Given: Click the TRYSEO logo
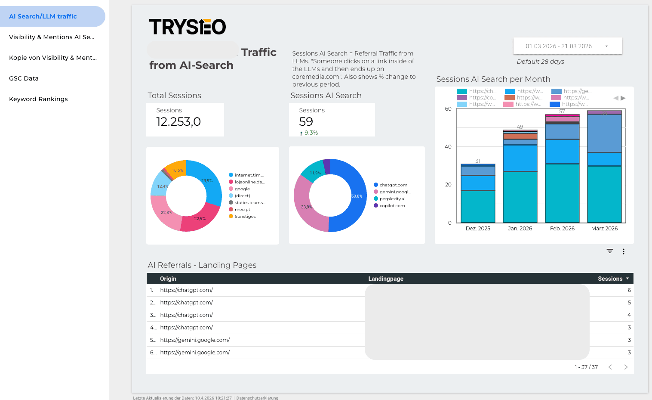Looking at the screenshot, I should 187,27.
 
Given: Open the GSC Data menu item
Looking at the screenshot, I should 24,78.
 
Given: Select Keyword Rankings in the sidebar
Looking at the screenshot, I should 38,99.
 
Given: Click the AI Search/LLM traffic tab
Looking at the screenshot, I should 43,16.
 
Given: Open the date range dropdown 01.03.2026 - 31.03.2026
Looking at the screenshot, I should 567,46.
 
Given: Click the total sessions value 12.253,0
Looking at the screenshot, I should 178,122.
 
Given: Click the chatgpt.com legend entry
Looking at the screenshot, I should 393,185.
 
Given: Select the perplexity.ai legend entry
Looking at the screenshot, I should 392,199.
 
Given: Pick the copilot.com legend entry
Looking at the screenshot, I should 392,206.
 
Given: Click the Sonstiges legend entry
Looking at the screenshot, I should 245,217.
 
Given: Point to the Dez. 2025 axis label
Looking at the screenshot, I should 478,229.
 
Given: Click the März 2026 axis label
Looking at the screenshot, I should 604,229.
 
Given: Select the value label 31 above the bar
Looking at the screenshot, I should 478,161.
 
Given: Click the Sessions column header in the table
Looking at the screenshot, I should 610,279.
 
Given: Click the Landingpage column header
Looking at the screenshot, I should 386,279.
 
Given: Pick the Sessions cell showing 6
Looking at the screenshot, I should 629,290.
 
